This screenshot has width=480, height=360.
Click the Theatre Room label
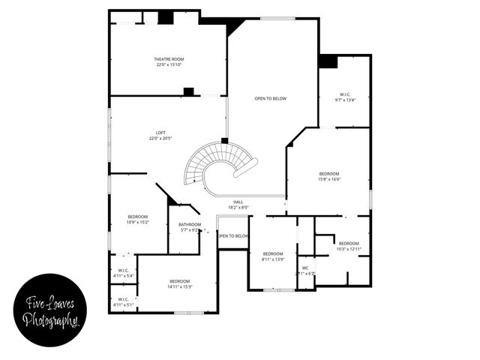point(169,58)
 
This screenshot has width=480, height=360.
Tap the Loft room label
point(160,133)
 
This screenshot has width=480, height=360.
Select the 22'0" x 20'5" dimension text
point(160,139)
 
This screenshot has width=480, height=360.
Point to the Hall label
point(238,202)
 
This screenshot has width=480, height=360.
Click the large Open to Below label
point(270,98)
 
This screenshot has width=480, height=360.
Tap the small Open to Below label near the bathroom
point(233,236)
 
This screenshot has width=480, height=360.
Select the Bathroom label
point(190,224)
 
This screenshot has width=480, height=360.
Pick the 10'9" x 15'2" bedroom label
point(138,216)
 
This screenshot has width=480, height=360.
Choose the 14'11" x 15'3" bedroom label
point(180,280)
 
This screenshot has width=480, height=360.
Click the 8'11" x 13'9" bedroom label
point(273,253)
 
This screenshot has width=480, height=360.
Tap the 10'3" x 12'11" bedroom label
point(349,243)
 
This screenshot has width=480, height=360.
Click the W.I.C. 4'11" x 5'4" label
point(123,271)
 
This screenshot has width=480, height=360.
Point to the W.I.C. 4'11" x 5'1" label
point(123,299)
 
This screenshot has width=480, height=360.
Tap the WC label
point(305,268)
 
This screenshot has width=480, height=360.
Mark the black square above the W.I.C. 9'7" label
point(328,61)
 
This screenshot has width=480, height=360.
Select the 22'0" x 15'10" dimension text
point(169,64)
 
